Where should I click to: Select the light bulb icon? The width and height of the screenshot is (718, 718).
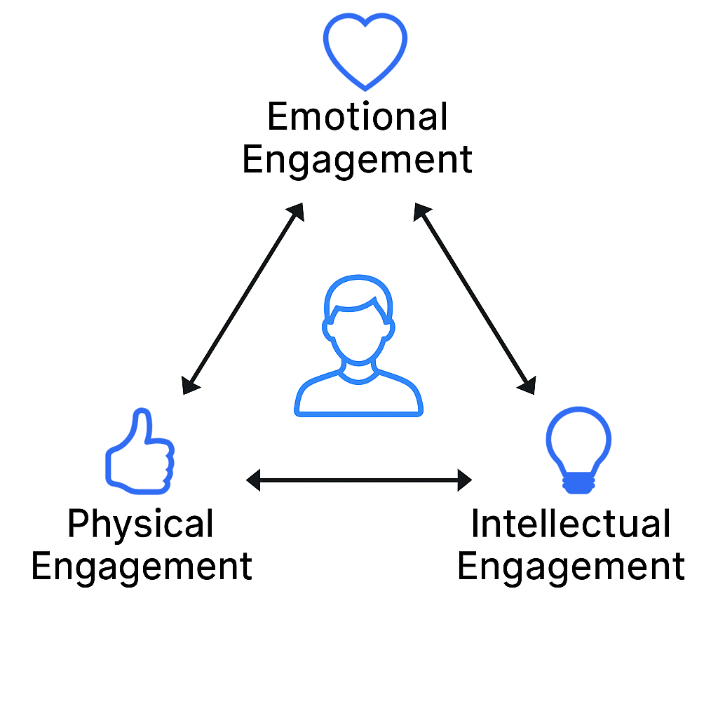coord(578,449)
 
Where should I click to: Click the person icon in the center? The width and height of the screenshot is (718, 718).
coord(358,346)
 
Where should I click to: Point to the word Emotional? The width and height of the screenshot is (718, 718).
coord(358,116)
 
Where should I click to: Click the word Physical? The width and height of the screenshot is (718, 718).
coord(140,524)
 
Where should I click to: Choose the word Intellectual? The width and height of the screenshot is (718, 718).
coord(571,524)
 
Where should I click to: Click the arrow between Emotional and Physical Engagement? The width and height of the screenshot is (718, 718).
coord(243,298)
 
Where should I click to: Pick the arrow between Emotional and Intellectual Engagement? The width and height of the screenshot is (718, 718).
coord(475,297)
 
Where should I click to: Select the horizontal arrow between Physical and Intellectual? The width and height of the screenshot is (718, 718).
coord(359,480)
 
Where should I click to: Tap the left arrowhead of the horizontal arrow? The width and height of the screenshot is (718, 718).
coord(253,480)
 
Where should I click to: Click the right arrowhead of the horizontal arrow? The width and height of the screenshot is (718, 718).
coord(464,480)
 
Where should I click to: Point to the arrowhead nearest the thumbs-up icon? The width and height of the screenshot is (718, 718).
coord(189,385)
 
